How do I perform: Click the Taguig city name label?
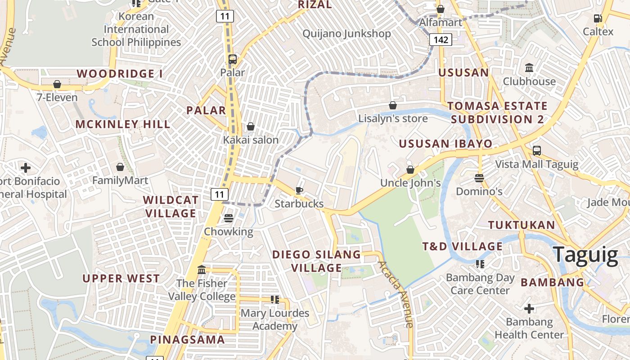tap(585, 254)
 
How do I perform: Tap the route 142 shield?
tap(441, 40)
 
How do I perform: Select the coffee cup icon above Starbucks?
tap(299, 190)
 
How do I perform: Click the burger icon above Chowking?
tap(229, 218)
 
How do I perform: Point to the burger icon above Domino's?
tap(479, 178)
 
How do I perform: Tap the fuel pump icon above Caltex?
tap(598, 18)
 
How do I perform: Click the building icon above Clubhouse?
tap(529, 68)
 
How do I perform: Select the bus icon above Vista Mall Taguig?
tap(537, 151)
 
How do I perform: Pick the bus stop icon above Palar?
tap(233, 59)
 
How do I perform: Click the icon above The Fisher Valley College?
tap(202, 270)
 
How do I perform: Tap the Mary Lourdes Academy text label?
tap(275, 319)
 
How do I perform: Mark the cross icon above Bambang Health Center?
tap(529, 309)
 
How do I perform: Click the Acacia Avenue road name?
tap(396, 294)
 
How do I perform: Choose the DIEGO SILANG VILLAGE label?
tap(316, 261)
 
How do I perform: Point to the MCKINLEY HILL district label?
tap(123, 124)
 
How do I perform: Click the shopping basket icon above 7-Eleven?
tap(57, 84)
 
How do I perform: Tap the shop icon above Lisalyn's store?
tap(393, 105)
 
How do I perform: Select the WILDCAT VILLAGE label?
tap(170, 207)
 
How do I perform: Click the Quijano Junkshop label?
tap(346, 34)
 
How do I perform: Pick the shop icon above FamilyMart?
tap(120, 167)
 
